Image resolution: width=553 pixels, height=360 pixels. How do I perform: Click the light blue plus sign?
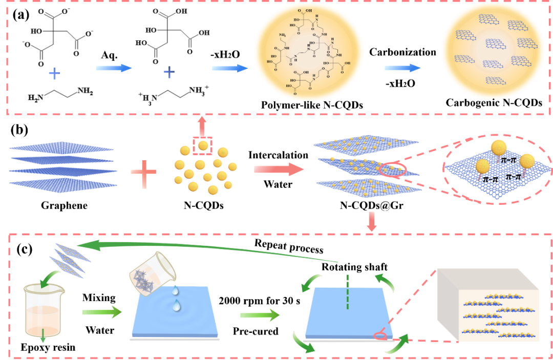(x=54, y=74)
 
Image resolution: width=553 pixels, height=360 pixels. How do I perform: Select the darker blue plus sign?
(x=169, y=72)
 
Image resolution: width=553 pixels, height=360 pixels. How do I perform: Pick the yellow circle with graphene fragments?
(x=493, y=52)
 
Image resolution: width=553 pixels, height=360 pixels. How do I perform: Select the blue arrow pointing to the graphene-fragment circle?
(x=402, y=68)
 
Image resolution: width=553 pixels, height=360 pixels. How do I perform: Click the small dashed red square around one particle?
(x=203, y=146)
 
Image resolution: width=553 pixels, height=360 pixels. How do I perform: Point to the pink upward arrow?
(x=202, y=126)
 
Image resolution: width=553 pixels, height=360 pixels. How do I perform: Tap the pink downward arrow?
(x=372, y=221)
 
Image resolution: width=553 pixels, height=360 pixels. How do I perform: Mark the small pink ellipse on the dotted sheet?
(x=393, y=170)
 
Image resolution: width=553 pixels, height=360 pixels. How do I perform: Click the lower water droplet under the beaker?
(x=177, y=306)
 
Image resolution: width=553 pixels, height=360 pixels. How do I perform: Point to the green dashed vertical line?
(x=347, y=292)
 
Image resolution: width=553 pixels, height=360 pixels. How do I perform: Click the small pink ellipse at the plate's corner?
(x=380, y=336)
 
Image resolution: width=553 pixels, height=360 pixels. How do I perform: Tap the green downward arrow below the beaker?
(x=43, y=335)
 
